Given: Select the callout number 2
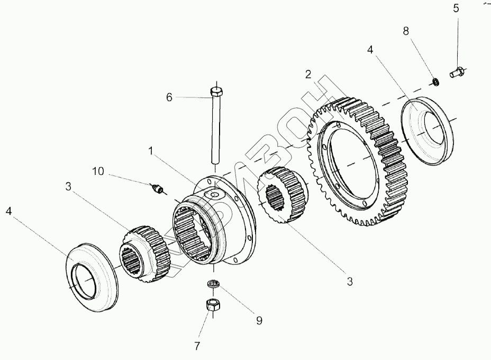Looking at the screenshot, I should click(308, 74).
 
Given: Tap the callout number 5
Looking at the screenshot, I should click(456, 8).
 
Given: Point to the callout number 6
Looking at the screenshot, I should click(170, 97).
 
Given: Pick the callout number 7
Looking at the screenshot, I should click(197, 346).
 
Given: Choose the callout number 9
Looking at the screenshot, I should click(259, 320).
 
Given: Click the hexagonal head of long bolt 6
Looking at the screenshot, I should click(215, 92).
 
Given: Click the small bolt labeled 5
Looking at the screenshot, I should click(456, 72).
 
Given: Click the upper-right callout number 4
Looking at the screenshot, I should click(370, 50).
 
